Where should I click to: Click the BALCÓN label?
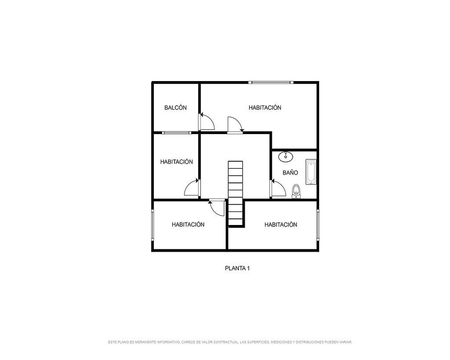tap(175, 108)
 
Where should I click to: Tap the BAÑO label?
tap(290, 172)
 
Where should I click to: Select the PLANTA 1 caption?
tap(237, 268)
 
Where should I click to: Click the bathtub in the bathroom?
tap(311, 171)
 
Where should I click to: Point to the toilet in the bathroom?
tap(296, 192)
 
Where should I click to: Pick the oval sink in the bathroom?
tap(286, 156)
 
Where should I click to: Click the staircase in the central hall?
tap(236, 193)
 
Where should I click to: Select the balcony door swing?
tap(207, 121)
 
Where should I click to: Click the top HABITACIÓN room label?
tap(265, 108)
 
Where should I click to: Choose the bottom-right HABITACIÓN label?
tap(281, 225)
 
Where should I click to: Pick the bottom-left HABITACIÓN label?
tap(188, 225)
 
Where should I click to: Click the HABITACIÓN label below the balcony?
tap(176, 162)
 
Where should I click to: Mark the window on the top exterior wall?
tap(271, 82)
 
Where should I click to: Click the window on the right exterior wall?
tap(318, 224)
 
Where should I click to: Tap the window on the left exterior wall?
tap(153, 224)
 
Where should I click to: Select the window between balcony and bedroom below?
tap(176, 133)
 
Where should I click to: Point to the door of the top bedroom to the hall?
tap(235, 125)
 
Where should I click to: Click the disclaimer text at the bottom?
tap(230, 342)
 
